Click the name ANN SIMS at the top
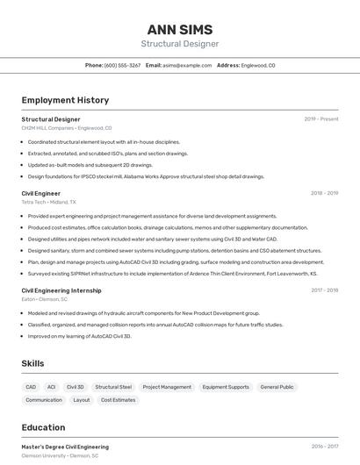[180, 30]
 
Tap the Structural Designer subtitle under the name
[180, 44]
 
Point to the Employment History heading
[65, 100]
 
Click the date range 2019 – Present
[321, 119]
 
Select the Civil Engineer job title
[41, 193]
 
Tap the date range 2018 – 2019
[325, 193]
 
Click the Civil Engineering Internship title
[61, 290]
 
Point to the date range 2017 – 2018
[325, 290]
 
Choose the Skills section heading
[34, 363]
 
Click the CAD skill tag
[31, 387]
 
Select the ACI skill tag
[51, 387]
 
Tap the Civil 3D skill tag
[76, 387]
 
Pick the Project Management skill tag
[167, 387]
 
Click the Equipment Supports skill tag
[226, 387]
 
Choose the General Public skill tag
[277, 387]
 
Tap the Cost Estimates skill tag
[118, 400]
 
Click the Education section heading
[43, 427]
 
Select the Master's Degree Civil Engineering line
[65, 447]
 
